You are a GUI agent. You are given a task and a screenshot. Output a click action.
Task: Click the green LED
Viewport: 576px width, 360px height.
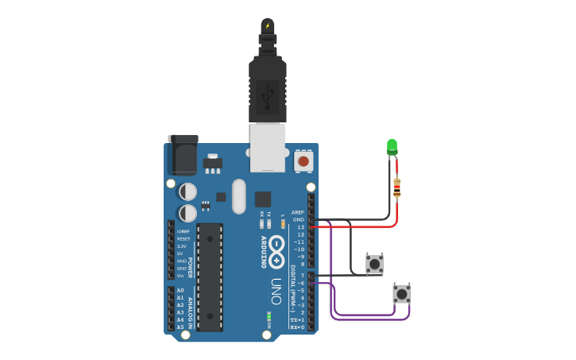coord(392,146)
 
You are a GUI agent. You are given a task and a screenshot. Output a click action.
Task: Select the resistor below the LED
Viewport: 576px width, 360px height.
coord(396,188)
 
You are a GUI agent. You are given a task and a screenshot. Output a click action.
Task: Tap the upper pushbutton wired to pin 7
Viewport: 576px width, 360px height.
coord(374,264)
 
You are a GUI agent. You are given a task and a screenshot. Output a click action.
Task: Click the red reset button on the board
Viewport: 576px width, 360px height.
coord(303,161)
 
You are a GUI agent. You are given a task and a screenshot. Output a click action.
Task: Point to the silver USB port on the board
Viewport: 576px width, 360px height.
coord(267,147)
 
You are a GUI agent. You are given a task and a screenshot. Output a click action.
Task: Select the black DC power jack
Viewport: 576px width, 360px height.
coord(182,155)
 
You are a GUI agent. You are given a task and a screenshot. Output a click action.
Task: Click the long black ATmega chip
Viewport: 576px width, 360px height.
coord(210,277)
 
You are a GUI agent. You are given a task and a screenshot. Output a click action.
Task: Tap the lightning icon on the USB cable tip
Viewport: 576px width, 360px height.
coord(268,26)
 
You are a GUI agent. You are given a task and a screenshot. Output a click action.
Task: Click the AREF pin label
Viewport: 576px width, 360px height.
coord(298,212)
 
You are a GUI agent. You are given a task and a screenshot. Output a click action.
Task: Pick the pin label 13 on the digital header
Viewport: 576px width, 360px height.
coord(300,227)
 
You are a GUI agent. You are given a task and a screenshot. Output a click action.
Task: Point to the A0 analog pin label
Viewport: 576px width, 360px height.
coord(180,290)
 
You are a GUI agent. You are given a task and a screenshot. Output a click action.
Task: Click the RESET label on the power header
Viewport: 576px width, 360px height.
coord(184,238)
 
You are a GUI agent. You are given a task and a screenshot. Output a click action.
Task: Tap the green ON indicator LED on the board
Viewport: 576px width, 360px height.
coord(269,317)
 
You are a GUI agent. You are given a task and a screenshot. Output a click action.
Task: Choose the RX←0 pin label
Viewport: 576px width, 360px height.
coord(297,327)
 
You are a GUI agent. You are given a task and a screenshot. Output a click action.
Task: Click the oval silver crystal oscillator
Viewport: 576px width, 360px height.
coord(239,196)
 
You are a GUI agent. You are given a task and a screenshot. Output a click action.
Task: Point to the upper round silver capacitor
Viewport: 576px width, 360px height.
coord(187,192)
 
